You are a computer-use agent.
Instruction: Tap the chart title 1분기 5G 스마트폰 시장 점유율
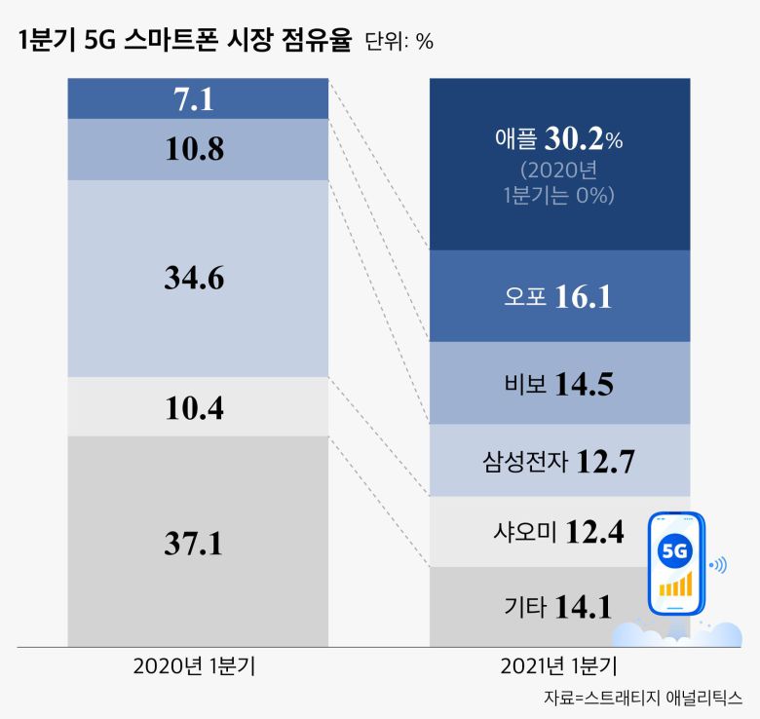pyautogui.click(x=184, y=41)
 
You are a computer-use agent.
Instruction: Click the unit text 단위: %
pyautogui.click(x=399, y=42)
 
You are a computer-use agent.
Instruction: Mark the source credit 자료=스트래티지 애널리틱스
pyautogui.click(x=643, y=698)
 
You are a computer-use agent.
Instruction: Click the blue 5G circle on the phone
pyautogui.click(x=675, y=551)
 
